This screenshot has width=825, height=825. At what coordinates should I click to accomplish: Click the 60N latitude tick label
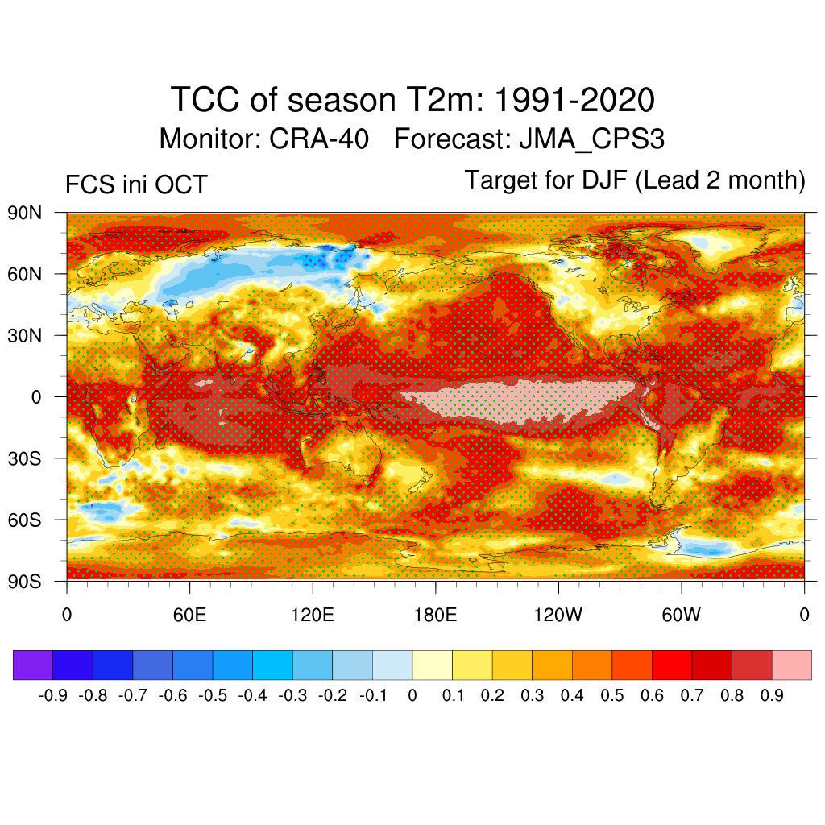(25, 274)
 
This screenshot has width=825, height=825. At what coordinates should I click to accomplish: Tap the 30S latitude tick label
(25, 458)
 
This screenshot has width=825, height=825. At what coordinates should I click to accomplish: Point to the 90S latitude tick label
(25, 581)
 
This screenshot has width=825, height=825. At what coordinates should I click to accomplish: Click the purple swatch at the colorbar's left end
(33, 665)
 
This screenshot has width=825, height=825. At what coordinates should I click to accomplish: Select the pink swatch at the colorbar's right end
(791, 665)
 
